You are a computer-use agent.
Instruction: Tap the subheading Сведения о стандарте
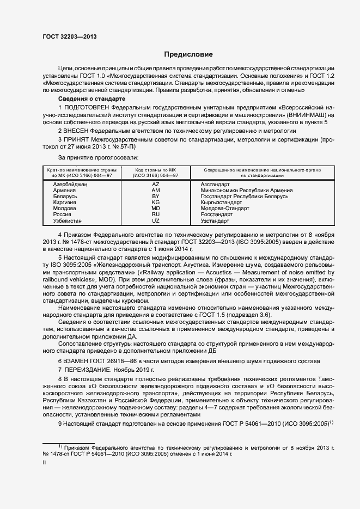(x=91, y=99)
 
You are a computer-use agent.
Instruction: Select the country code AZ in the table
(x=156, y=185)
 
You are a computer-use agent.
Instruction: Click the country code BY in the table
(x=156, y=197)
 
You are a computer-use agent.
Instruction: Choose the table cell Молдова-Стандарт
(x=224, y=208)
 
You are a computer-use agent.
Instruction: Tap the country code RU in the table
(x=156, y=214)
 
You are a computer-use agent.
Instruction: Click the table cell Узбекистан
(x=68, y=220)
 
